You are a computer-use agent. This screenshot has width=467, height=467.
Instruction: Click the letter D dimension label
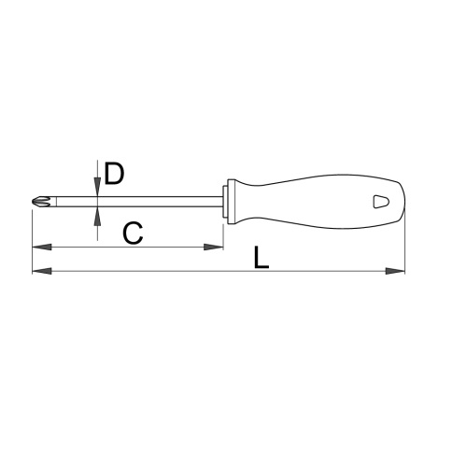tap(114, 173)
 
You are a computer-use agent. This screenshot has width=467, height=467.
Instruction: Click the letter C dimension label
tap(133, 233)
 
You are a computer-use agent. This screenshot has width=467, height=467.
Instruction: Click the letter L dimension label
tap(261, 258)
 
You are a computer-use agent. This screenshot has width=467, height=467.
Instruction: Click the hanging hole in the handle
tap(381, 202)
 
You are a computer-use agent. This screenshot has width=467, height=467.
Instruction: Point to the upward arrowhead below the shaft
tap(97, 216)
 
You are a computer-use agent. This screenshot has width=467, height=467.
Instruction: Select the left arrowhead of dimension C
tap(42, 248)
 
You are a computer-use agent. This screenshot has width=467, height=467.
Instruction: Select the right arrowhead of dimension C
tap(214, 248)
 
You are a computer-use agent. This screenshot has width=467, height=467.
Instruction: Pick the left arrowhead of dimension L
tap(42, 271)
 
